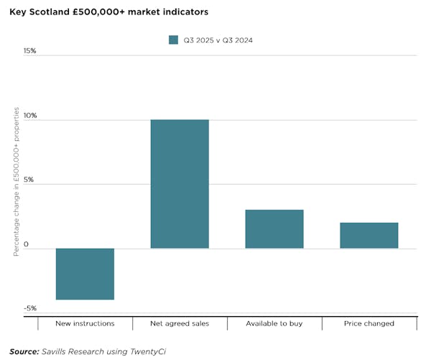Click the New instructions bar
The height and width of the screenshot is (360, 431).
coord(85,274)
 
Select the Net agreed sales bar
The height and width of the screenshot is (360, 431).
coord(180,184)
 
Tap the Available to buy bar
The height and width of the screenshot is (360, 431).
coord(274,229)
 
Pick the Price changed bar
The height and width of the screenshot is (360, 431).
coord(369,236)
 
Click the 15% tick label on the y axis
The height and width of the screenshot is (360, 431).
coord(29,52)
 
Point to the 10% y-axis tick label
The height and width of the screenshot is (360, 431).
coord(29,116)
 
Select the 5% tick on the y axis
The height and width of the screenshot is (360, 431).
coord(29,180)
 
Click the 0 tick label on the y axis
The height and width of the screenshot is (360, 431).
coord(26,245)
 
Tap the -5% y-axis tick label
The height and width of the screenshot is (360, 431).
coord(29,309)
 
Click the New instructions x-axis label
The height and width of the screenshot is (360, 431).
coord(85,323)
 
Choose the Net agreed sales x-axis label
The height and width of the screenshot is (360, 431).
coord(180,323)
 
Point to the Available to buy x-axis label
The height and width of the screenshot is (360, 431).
coord(274,323)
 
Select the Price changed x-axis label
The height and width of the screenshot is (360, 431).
coord(369,323)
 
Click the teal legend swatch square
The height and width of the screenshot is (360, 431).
coord(173,40)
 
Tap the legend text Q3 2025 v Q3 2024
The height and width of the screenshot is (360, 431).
coord(218,40)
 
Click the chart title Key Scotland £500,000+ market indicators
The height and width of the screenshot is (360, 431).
coord(110,12)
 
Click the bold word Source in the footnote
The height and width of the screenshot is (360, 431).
coord(24,351)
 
